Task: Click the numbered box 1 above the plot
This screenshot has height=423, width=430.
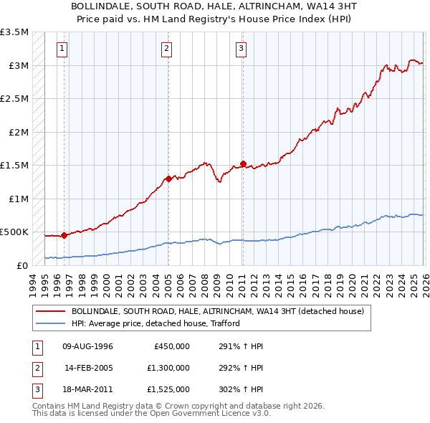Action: (x=62, y=49)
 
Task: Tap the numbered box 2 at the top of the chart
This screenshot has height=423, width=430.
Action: (x=166, y=49)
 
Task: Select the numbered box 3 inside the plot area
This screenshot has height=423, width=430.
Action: (x=241, y=49)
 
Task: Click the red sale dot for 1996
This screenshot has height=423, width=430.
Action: (x=64, y=235)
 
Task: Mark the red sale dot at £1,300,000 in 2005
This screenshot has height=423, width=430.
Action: (x=168, y=179)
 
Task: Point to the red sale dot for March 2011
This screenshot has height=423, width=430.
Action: (x=243, y=163)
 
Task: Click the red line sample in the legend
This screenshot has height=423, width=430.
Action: (x=51, y=312)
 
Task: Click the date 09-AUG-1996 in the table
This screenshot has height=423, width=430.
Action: (x=87, y=346)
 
